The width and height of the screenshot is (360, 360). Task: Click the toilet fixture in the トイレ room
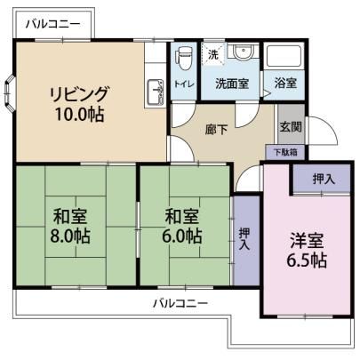point(181,59)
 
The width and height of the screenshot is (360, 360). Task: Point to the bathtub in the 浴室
point(284,57)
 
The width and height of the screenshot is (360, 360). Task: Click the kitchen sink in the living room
point(155,92)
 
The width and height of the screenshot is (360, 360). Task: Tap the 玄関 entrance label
point(291,126)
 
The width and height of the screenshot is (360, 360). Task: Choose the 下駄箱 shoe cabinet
point(285,152)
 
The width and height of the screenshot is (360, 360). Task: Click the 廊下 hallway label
point(217,130)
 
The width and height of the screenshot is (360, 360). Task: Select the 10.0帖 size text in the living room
point(79,114)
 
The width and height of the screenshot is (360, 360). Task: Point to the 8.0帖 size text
point(70,236)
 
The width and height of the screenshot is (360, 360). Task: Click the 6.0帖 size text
point(182,236)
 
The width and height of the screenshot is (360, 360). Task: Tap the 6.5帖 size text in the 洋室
point(307,260)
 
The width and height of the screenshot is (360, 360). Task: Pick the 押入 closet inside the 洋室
point(322,179)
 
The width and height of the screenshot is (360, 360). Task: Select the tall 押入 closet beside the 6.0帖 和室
point(246,240)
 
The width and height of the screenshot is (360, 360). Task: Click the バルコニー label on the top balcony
point(53,24)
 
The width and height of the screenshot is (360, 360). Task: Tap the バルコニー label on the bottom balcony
point(180,303)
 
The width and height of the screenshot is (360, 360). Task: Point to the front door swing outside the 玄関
point(323,131)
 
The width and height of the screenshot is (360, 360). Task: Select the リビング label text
point(79,94)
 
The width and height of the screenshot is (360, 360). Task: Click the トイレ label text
point(184,84)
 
